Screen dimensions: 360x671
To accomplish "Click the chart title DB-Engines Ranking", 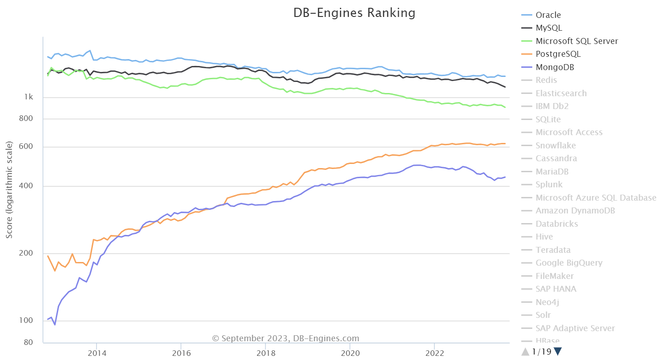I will point(354,13).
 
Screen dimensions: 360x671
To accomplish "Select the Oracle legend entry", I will point(548,15).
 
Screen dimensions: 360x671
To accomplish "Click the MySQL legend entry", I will point(549,28).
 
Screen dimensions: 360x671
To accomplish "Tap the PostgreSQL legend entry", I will point(558,54).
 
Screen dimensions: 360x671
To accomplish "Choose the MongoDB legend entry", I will point(555,67).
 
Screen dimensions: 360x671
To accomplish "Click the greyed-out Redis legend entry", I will point(546,80).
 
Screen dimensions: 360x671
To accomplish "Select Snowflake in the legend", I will point(556,146).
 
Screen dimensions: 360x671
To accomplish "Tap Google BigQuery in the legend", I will point(569,263).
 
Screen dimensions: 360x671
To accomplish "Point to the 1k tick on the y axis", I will point(28,98).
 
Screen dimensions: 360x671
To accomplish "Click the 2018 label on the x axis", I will point(265,353).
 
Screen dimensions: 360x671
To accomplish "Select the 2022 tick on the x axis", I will point(434,353).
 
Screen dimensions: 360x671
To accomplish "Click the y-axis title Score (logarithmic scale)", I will point(9,190).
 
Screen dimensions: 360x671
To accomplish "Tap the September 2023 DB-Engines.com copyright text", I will point(286,338).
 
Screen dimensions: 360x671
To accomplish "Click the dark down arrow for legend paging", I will point(557,352).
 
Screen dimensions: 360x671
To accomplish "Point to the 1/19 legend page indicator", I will point(542,352).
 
